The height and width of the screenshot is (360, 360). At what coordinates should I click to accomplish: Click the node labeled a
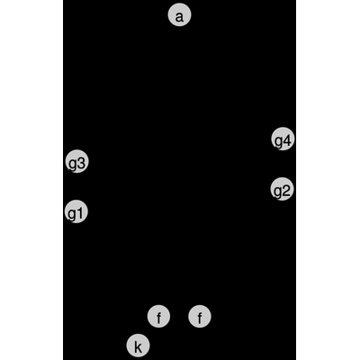click(179, 15)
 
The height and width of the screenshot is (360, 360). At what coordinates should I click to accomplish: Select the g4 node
click(283, 139)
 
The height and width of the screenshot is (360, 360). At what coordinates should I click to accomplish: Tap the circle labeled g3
click(76, 161)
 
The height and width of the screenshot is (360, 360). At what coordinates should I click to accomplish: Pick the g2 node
click(282, 189)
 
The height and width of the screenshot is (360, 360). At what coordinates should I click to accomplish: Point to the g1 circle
click(76, 211)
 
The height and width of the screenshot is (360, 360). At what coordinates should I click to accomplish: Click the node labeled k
click(138, 346)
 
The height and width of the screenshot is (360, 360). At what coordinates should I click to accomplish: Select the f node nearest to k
click(158, 316)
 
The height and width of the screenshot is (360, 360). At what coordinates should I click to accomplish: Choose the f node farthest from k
click(200, 316)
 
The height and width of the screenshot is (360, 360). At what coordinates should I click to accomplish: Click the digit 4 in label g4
click(287, 141)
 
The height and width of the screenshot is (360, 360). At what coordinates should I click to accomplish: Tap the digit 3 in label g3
click(82, 163)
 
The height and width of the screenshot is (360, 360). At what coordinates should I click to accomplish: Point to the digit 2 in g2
click(286, 191)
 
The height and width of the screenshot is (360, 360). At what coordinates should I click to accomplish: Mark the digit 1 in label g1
click(80, 213)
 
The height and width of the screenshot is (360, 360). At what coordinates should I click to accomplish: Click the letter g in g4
click(278, 143)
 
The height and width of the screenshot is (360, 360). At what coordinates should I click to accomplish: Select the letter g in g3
click(73, 165)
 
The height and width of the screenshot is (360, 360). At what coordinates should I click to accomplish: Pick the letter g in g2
click(278, 193)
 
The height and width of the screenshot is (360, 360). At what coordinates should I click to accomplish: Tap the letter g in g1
click(72, 215)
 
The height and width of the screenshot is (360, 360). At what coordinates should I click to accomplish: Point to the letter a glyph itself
click(179, 17)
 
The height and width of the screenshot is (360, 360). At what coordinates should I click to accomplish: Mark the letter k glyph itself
click(138, 347)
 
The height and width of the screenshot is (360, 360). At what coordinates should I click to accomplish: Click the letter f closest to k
click(158, 318)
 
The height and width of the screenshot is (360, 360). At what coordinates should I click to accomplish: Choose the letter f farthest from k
click(200, 318)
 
